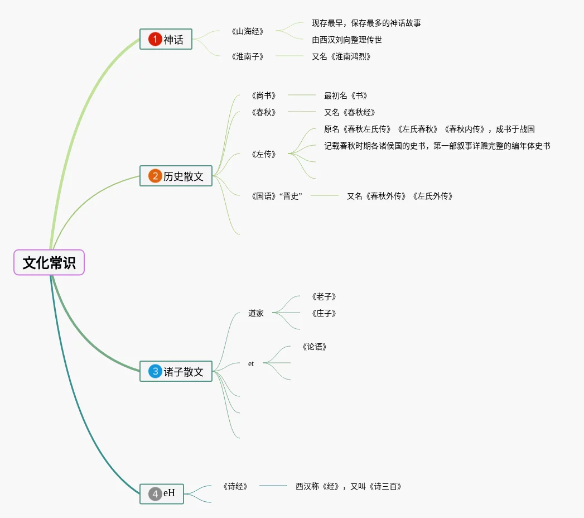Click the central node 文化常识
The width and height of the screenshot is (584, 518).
click(49, 262)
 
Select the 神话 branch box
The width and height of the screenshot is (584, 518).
click(166, 39)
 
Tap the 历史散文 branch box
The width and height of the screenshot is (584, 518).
click(176, 176)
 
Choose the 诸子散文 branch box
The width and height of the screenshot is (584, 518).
click(176, 371)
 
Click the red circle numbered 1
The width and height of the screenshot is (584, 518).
click(155, 39)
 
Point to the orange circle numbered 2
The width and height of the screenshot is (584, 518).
click(155, 176)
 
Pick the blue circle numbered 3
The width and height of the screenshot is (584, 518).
click(155, 371)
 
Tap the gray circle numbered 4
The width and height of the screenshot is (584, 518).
click(155, 493)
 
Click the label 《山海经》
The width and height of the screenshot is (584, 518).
click(247, 31)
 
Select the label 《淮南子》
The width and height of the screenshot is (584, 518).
click(247, 56)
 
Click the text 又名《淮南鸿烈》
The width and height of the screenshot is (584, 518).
click(341, 56)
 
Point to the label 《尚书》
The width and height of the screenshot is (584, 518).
click(264, 95)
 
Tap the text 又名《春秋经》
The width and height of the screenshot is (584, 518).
click(350, 112)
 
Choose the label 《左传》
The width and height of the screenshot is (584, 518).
click(264, 154)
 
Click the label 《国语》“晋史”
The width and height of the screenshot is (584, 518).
click(277, 196)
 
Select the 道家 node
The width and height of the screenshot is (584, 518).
click(256, 313)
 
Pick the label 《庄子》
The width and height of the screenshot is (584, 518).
click(324, 313)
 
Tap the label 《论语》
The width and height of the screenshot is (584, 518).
click(314, 347)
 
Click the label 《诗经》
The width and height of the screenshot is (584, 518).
click(235, 486)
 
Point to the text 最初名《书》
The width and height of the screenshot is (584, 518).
click(346, 95)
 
